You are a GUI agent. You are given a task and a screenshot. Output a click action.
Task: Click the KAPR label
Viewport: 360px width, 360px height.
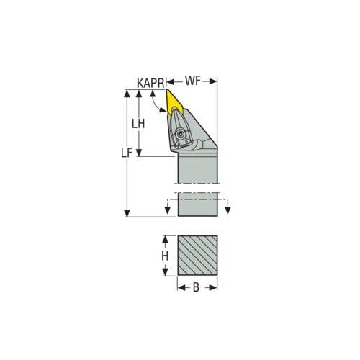pos(150,83)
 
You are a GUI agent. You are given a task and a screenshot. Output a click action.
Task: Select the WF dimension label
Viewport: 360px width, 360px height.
pos(193,82)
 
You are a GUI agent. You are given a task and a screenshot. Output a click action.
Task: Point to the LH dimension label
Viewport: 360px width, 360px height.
pos(139,123)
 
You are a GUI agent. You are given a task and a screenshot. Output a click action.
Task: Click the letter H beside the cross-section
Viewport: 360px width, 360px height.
pos(164,256)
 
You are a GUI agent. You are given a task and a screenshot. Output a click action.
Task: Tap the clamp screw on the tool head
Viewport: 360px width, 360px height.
pos(179,132)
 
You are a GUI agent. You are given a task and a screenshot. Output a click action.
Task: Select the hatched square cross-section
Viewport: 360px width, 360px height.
pos(197,255)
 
